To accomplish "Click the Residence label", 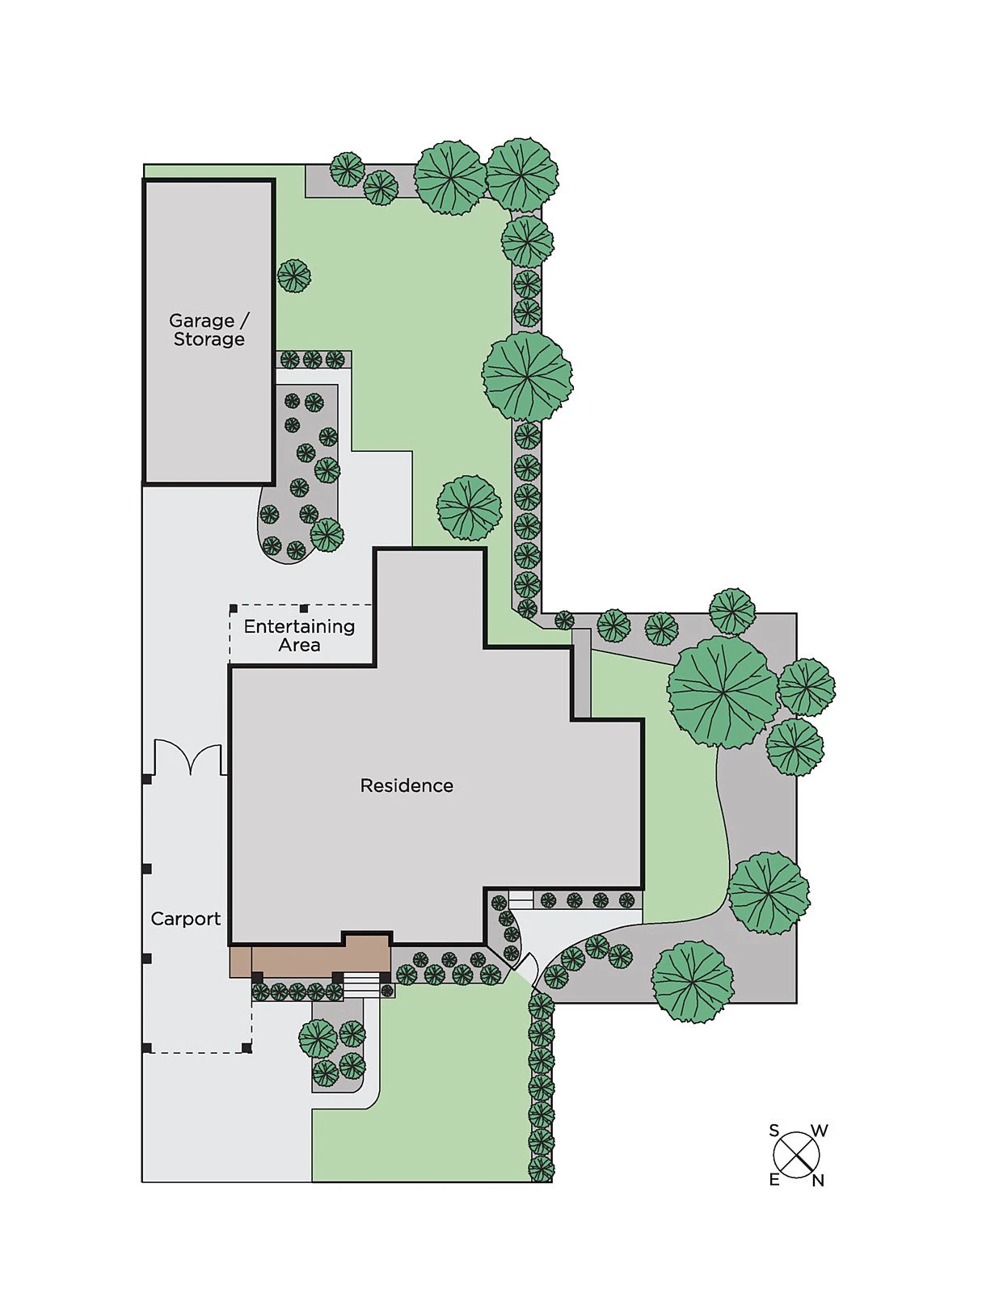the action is (407, 785).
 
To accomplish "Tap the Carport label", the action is (186, 919).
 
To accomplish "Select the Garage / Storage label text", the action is (209, 330).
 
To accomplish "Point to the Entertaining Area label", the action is (299, 635).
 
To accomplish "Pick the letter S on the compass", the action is (774, 1131).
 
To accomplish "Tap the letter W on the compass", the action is (820, 1131).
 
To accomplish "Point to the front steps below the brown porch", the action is (362, 986).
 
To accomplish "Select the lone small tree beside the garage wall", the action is (294, 276).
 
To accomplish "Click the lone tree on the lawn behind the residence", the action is (469, 508).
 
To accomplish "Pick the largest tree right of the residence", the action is (723, 692).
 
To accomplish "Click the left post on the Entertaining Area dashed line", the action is (234, 609).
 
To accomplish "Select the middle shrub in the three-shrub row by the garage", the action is (312, 360).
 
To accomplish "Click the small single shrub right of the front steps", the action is (387, 991).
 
